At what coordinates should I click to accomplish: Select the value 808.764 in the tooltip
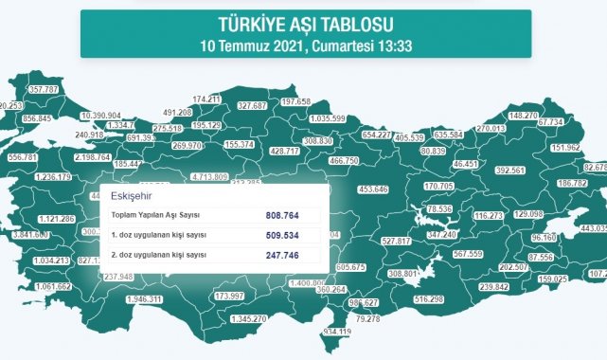click(x=285, y=215)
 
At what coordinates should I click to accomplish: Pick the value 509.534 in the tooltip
click(x=285, y=235)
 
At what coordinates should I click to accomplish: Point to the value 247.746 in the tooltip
click(x=285, y=256)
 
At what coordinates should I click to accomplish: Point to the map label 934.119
click(x=343, y=332)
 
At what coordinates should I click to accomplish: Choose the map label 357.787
click(x=45, y=90)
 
